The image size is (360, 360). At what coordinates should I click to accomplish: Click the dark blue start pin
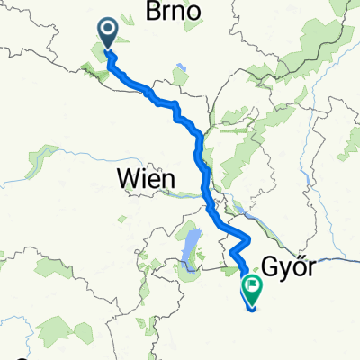(108, 35)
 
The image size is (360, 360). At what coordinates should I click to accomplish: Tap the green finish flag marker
(251, 288)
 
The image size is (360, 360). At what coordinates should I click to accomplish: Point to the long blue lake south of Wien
(189, 247)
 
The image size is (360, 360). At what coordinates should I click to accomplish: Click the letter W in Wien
(127, 179)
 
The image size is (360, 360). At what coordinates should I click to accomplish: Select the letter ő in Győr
(298, 265)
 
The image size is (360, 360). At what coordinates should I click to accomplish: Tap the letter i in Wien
(140, 179)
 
